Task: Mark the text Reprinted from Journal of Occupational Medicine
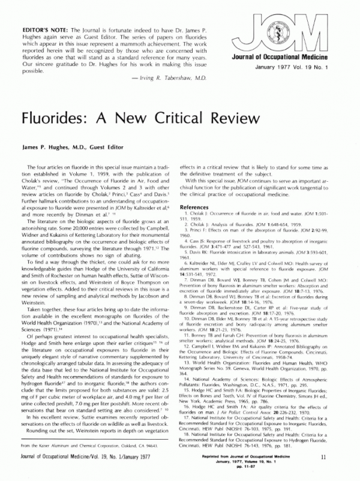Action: (x=252, y=456)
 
